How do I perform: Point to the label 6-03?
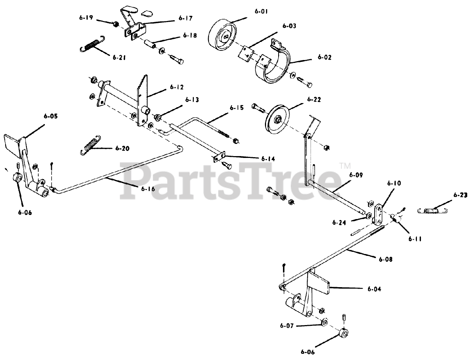(x=289, y=26)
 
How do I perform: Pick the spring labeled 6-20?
(x=90, y=145)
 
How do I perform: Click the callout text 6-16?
(x=148, y=188)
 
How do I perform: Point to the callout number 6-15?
(x=237, y=108)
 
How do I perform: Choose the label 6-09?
(x=356, y=175)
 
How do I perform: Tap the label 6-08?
(x=385, y=259)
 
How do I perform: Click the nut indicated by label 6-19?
(x=115, y=24)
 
